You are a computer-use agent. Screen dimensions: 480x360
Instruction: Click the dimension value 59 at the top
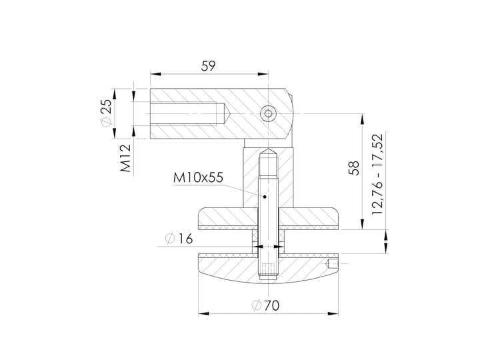208,66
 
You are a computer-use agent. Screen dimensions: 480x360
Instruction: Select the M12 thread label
125,158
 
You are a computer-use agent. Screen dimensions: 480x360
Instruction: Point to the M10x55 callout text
198,177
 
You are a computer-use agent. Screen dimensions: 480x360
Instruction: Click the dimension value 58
354,168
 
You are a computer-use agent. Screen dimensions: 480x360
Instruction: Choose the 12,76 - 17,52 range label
377,174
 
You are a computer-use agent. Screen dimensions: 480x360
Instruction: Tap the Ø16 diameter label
179,239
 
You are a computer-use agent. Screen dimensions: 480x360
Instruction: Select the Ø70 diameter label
265,305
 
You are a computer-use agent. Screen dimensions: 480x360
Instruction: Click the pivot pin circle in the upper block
268,114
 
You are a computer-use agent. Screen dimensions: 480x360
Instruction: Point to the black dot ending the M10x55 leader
265,197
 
